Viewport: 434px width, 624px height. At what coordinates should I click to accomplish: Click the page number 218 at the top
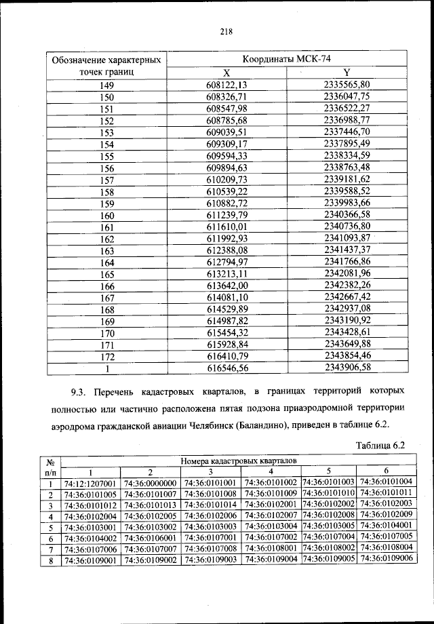click(x=226, y=31)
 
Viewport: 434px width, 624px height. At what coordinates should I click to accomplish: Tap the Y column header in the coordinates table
click(x=347, y=73)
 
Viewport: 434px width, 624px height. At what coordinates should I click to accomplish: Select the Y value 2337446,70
click(x=347, y=132)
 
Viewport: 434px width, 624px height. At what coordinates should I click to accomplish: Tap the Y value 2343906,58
click(x=347, y=368)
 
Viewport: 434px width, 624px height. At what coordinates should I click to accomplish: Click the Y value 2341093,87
click(x=347, y=238)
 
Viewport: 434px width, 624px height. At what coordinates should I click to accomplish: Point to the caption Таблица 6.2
click(x=380, y=445)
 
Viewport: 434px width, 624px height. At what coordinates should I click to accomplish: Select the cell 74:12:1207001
click(x=91, y=483)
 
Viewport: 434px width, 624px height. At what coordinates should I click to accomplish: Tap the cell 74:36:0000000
click(x=151, y=483)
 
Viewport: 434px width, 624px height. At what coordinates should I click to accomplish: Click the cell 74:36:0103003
click(x=210, y=526)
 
